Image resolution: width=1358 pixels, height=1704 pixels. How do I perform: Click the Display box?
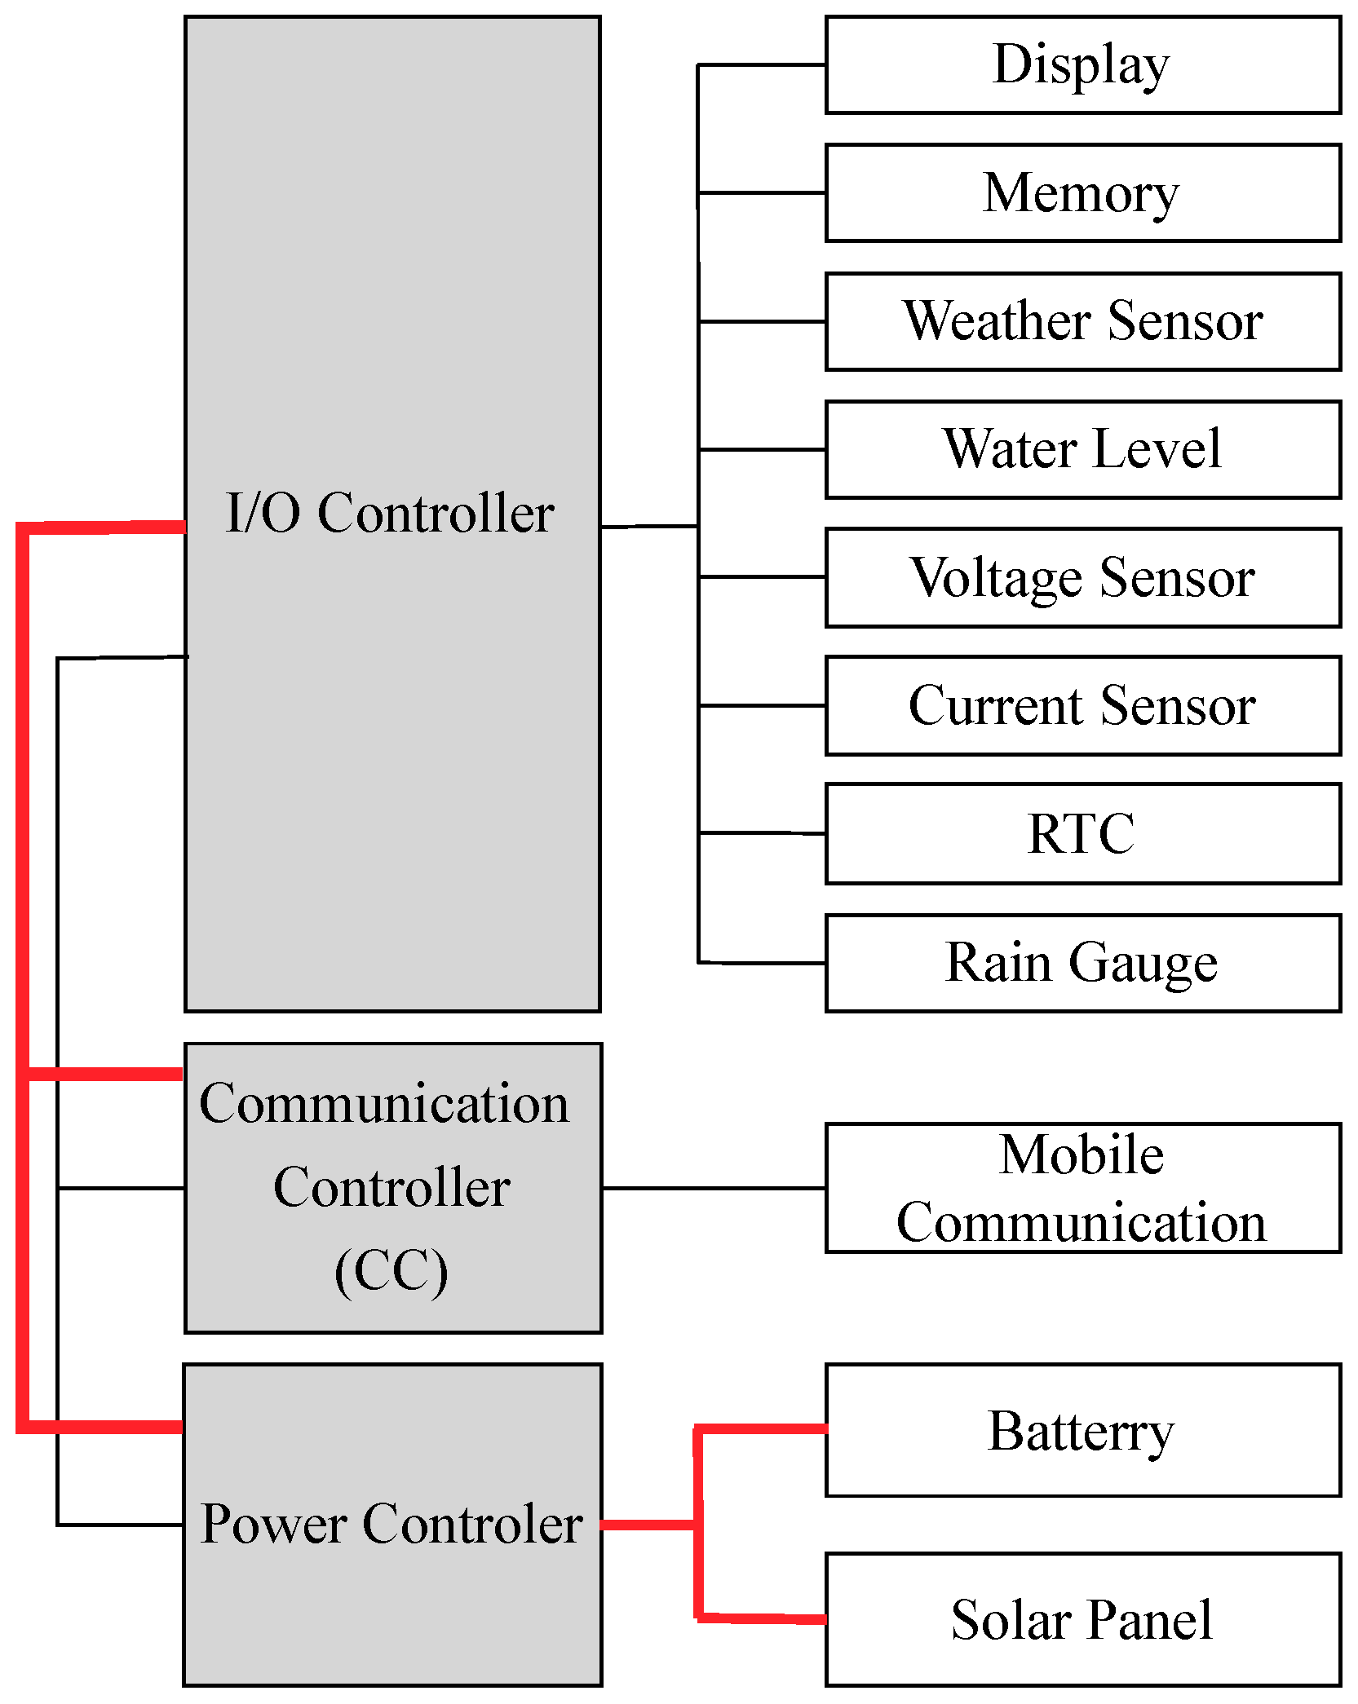(1082, 64)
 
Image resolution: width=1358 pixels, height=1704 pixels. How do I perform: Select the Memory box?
(1082, 192)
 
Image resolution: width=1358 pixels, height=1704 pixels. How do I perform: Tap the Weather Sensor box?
(1082, 321)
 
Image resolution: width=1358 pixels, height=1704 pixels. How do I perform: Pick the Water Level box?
(1082, 449)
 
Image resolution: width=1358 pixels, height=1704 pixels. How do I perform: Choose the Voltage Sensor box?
(1082, 577)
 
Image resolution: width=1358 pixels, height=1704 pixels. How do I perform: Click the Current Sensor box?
(1082, 705)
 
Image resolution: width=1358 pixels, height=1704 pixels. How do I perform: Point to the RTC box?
(1082, 833)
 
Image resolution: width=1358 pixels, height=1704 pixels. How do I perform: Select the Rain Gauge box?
(1082, 963)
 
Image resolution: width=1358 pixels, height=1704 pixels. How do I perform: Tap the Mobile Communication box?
(1082, 1187)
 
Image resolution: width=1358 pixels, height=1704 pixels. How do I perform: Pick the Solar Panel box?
(1082, 1619)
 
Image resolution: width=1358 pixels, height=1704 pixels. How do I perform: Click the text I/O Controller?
(390, 514)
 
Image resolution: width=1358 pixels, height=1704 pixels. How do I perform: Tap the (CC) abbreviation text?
(391, 1271)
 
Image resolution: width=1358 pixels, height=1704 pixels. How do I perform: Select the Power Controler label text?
(391, 1524)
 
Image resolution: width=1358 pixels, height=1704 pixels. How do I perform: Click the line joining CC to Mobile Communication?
(714, 1188)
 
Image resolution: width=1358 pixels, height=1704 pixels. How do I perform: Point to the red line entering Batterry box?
(763, 1428)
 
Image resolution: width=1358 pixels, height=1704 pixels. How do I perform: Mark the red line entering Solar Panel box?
(763, 1618)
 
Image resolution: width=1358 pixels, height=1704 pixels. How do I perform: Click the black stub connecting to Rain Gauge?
(763, 963)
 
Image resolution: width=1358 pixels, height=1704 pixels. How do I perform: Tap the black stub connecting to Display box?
(763, 64)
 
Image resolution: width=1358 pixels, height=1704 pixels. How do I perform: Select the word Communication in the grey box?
(384, 1104)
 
